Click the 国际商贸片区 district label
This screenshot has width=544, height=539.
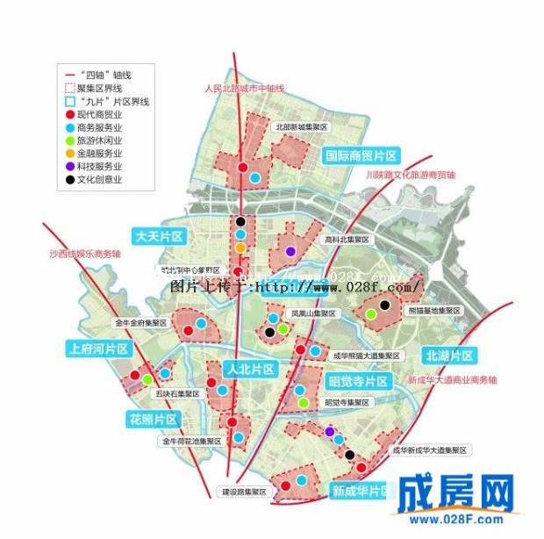click(x=361, y=155)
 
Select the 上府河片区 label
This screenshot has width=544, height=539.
click(x=97, y=349)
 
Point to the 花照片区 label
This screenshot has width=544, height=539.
click(x=153, y=418)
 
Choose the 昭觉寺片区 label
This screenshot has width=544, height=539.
click(x=357, y=382)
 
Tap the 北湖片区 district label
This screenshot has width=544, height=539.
click(x=449, y=356)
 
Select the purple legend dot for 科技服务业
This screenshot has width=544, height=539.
click(x=70, y=165)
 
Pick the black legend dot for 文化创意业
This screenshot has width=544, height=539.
click(x=70, y=178)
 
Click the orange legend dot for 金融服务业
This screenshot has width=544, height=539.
click(x=70, y=153)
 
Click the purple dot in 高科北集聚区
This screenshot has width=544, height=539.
click(x=290, y=252)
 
